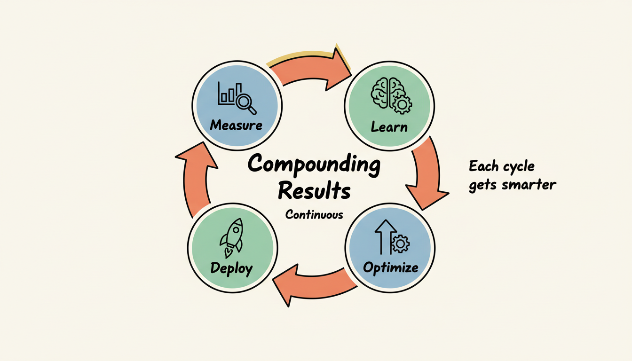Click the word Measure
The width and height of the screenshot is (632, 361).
(236, 125)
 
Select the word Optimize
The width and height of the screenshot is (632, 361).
(390, 268)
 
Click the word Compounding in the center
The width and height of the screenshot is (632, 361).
(314, 165)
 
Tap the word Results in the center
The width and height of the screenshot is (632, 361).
(314, 192)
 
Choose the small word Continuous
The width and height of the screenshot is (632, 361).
(314, 215)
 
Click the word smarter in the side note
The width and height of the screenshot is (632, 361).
(529, 185)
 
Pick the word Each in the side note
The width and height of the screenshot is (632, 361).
(482, 166)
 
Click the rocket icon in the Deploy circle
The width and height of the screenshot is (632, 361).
(231, 237)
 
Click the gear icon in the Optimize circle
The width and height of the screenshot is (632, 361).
(400, 244)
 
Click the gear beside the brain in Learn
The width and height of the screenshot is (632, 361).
(402, 104)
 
